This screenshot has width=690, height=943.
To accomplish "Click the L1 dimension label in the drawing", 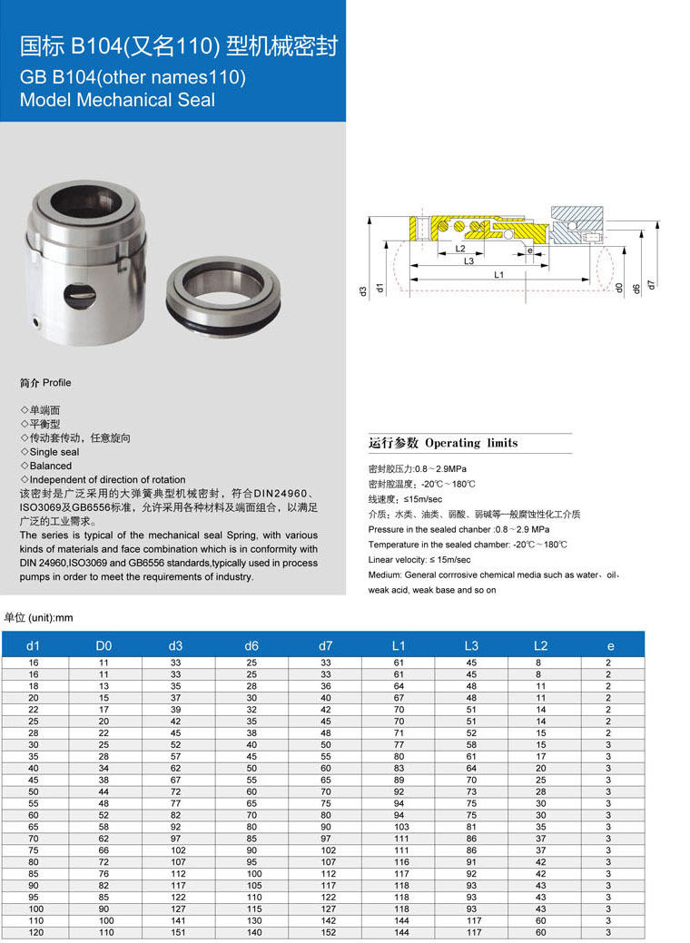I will (x=499, y=273).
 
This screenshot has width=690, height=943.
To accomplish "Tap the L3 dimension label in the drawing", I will (x=468, y=260).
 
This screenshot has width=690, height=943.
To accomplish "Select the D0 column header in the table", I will (x=103, y=645).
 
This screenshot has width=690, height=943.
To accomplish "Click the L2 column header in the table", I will (x=540, y=645).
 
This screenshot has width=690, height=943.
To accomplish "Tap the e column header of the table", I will (x=610, y=645).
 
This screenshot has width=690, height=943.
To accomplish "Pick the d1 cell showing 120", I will (x=34, y=932).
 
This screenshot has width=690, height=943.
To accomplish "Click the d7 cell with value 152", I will (x=326, y=932).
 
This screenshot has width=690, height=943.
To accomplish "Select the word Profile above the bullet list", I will (x=56, y=383).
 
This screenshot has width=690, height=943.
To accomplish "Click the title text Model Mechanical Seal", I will (x=118, y=100).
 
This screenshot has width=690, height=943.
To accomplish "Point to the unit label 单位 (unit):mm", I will (x=38, y=618).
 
